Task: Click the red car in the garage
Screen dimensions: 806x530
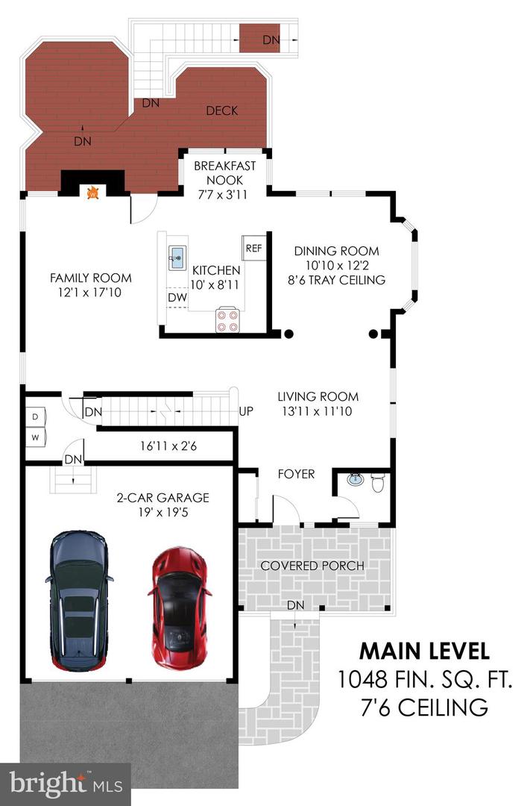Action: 179,608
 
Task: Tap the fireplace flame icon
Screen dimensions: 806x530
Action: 92,193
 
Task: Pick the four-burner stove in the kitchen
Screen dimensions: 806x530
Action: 227,320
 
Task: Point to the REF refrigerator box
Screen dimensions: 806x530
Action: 253,249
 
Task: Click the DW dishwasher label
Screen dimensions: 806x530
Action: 177,297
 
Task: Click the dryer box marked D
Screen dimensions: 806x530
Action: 35,416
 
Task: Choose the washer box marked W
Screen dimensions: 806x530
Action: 35,436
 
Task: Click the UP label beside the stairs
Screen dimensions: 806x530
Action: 246,411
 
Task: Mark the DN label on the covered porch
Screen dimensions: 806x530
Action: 296,604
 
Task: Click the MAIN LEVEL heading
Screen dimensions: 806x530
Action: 424,650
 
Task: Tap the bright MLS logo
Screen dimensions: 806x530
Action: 66,784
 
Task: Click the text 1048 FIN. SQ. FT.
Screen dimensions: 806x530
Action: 424,678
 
